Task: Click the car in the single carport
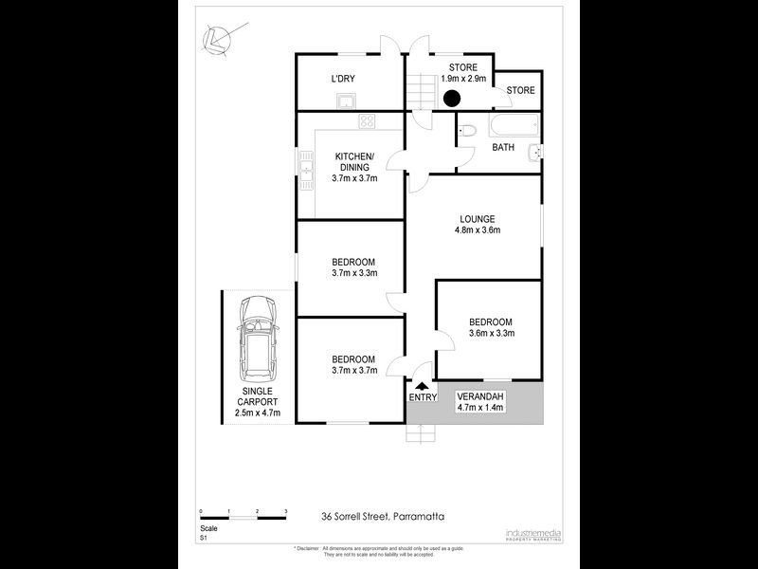tap(257, 337)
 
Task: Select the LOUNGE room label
tap(478, 219)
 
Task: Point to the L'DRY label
tap(342, 79)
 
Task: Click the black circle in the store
tap(452, 97)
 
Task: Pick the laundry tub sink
tap(348, 101)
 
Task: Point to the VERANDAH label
tap(480, 395)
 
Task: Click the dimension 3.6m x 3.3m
tap(491, 334)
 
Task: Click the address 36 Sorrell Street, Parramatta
tap(383, 517)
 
